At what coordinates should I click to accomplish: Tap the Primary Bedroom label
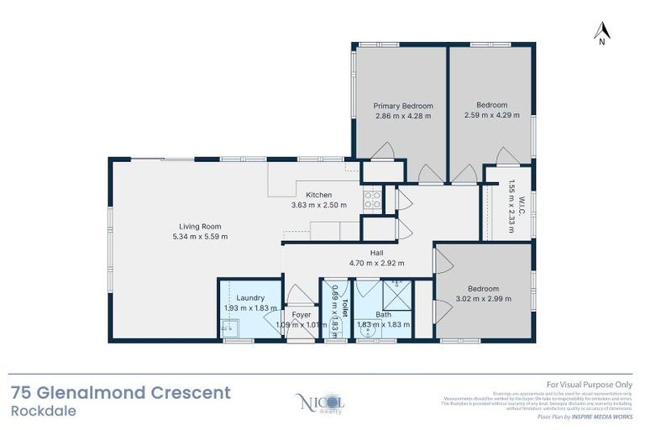403,106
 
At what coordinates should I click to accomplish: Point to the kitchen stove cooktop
371,199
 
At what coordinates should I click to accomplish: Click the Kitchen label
319,195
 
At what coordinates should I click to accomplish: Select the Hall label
376,252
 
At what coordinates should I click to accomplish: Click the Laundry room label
250,297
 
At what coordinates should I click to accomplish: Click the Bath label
383,314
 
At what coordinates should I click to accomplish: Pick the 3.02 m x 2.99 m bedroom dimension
483,298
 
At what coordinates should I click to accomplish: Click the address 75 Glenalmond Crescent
120,392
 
